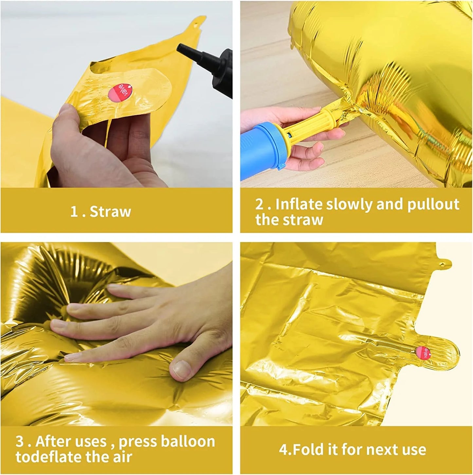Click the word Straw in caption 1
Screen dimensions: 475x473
coord(110,211)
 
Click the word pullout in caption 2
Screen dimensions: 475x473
coord(433,204)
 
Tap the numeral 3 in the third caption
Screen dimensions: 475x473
coord(20,442)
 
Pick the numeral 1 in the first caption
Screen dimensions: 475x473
coord(74,212)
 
